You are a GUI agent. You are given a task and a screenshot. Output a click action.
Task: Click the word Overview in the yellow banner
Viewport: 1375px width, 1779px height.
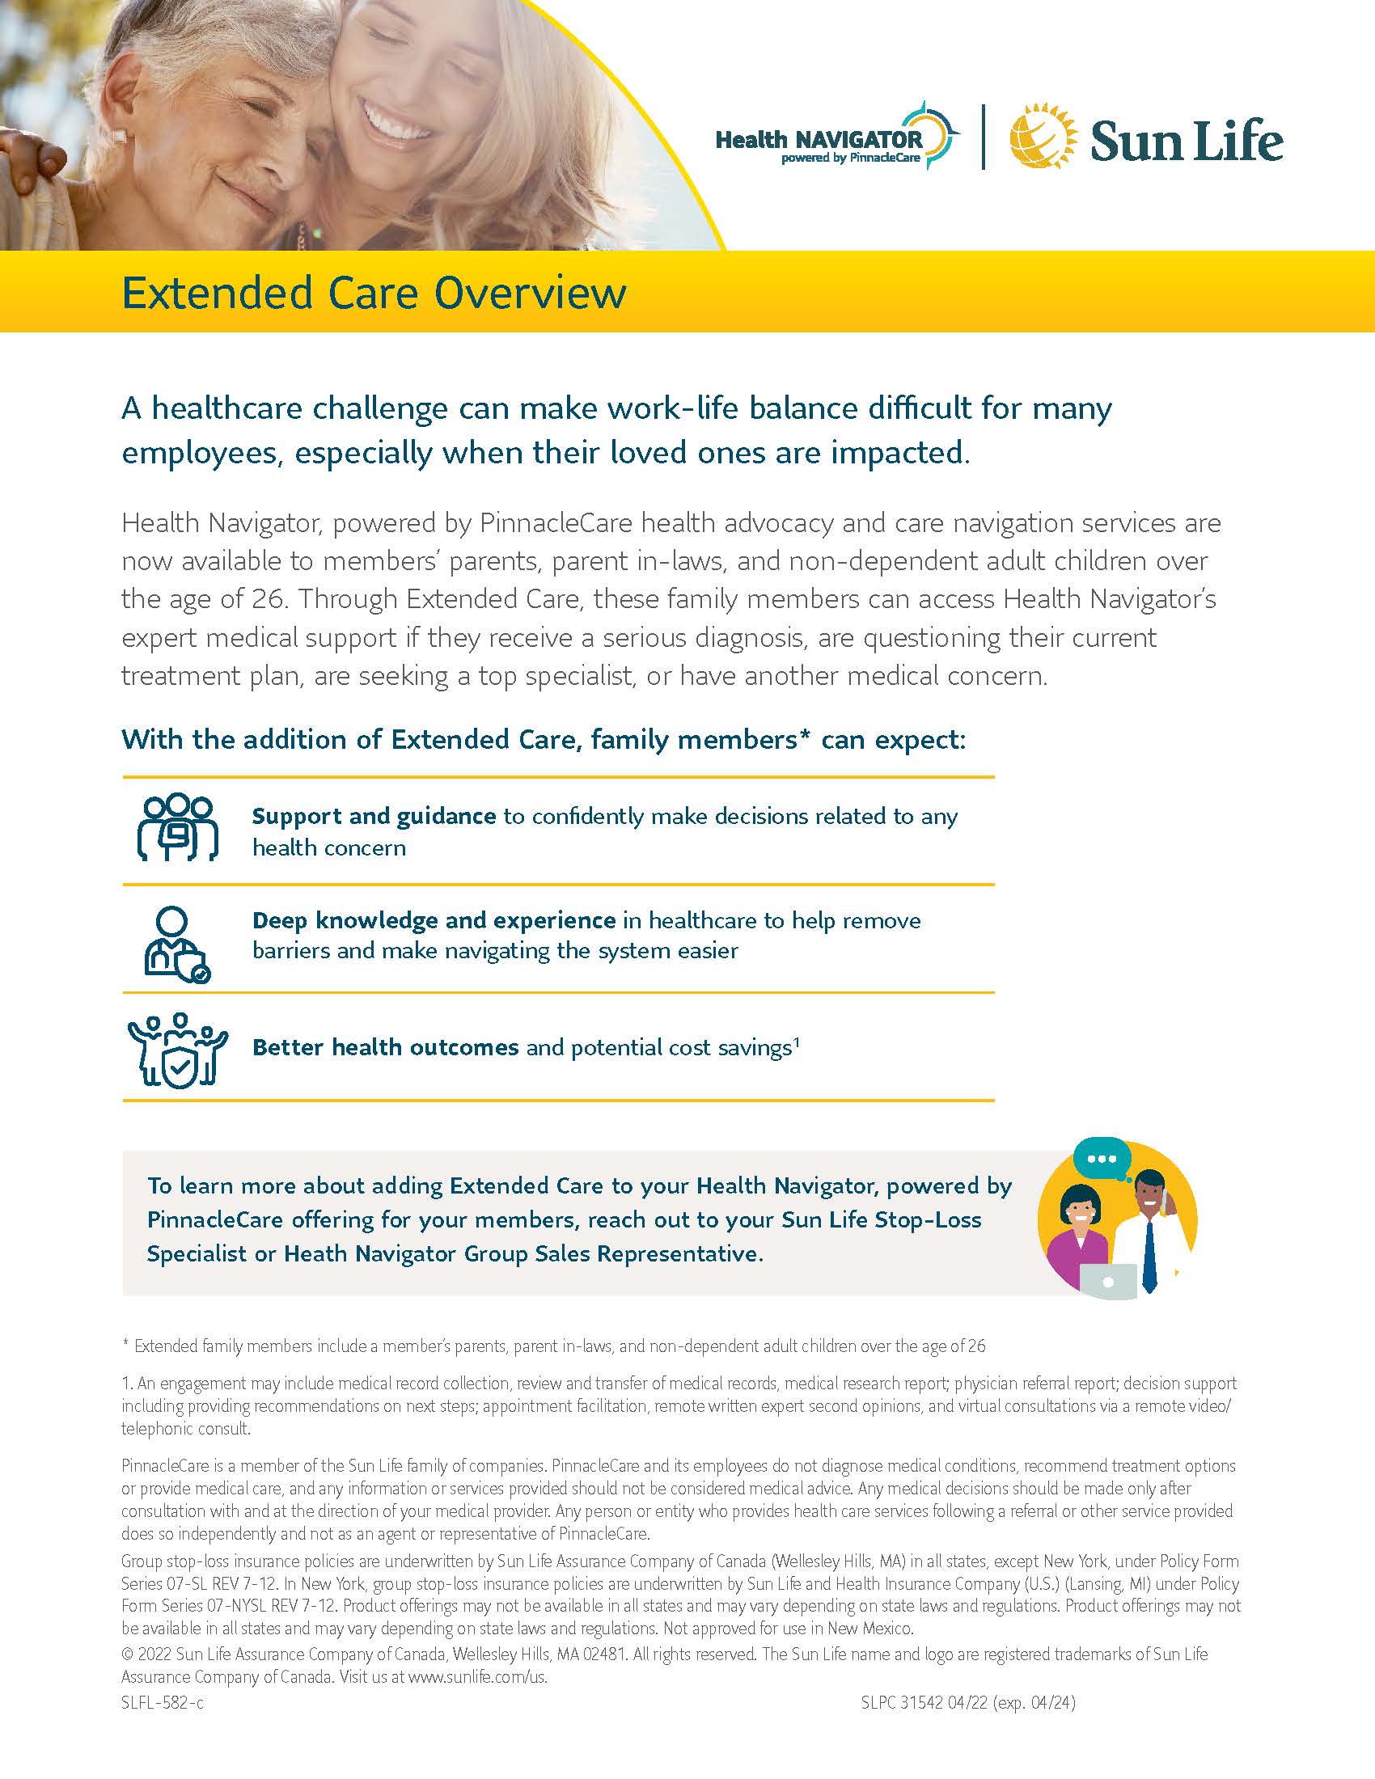pos(531,294)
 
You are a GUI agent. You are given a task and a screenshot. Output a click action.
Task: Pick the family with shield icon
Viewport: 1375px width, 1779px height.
pos(178,1049)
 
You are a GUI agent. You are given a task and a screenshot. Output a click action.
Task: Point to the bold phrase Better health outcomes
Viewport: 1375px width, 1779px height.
pos(385,1047)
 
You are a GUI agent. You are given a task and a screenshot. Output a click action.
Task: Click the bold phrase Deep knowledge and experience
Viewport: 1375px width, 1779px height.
pos(434,920)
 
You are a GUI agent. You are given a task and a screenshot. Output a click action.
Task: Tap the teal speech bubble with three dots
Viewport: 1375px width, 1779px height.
pos(1102,1158)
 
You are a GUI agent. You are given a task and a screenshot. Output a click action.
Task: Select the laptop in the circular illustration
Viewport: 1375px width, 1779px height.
pos(1107,1280)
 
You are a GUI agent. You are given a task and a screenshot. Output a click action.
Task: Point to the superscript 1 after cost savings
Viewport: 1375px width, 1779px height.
pos(796,1041)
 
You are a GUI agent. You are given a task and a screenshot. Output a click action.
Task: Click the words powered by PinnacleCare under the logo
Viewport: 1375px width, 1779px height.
pos(850,158)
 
